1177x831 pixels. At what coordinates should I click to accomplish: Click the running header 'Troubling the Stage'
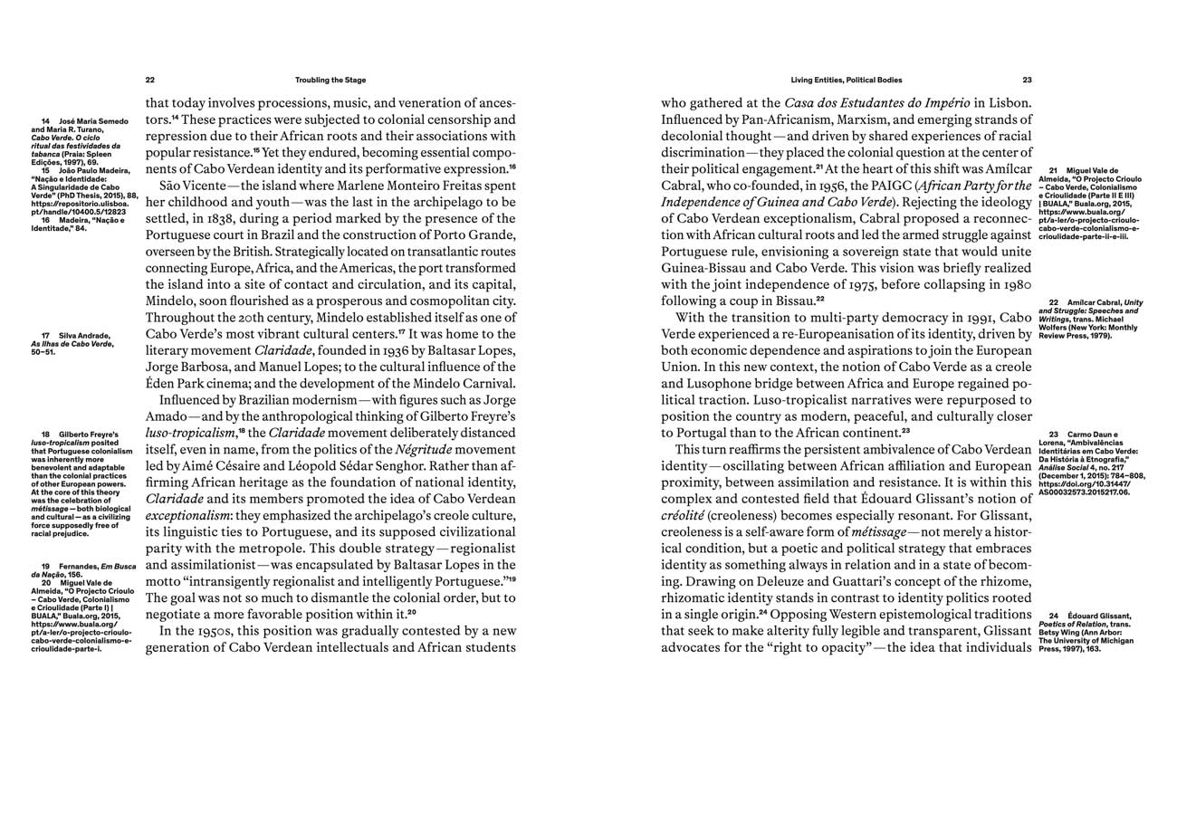click(330, 80)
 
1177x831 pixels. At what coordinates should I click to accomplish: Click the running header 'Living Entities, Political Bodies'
click(846, 80)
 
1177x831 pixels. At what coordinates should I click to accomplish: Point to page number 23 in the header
click(1027, 80)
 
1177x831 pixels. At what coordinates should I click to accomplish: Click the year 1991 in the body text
click(969, 318)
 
